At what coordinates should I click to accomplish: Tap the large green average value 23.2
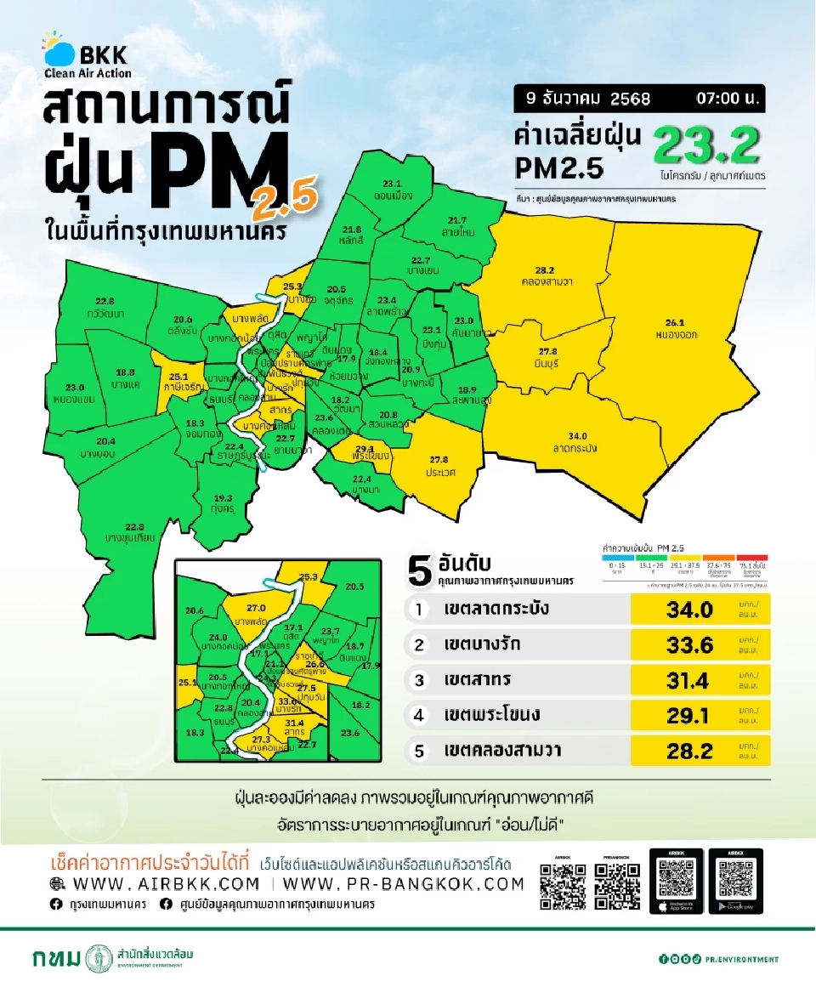click(x=705, y=148)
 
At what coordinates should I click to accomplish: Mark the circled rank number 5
click(x=418, y=751)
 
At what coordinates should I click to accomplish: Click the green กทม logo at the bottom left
click(x=58, y=958)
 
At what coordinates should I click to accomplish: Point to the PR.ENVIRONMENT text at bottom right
click(x=742, y=959)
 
